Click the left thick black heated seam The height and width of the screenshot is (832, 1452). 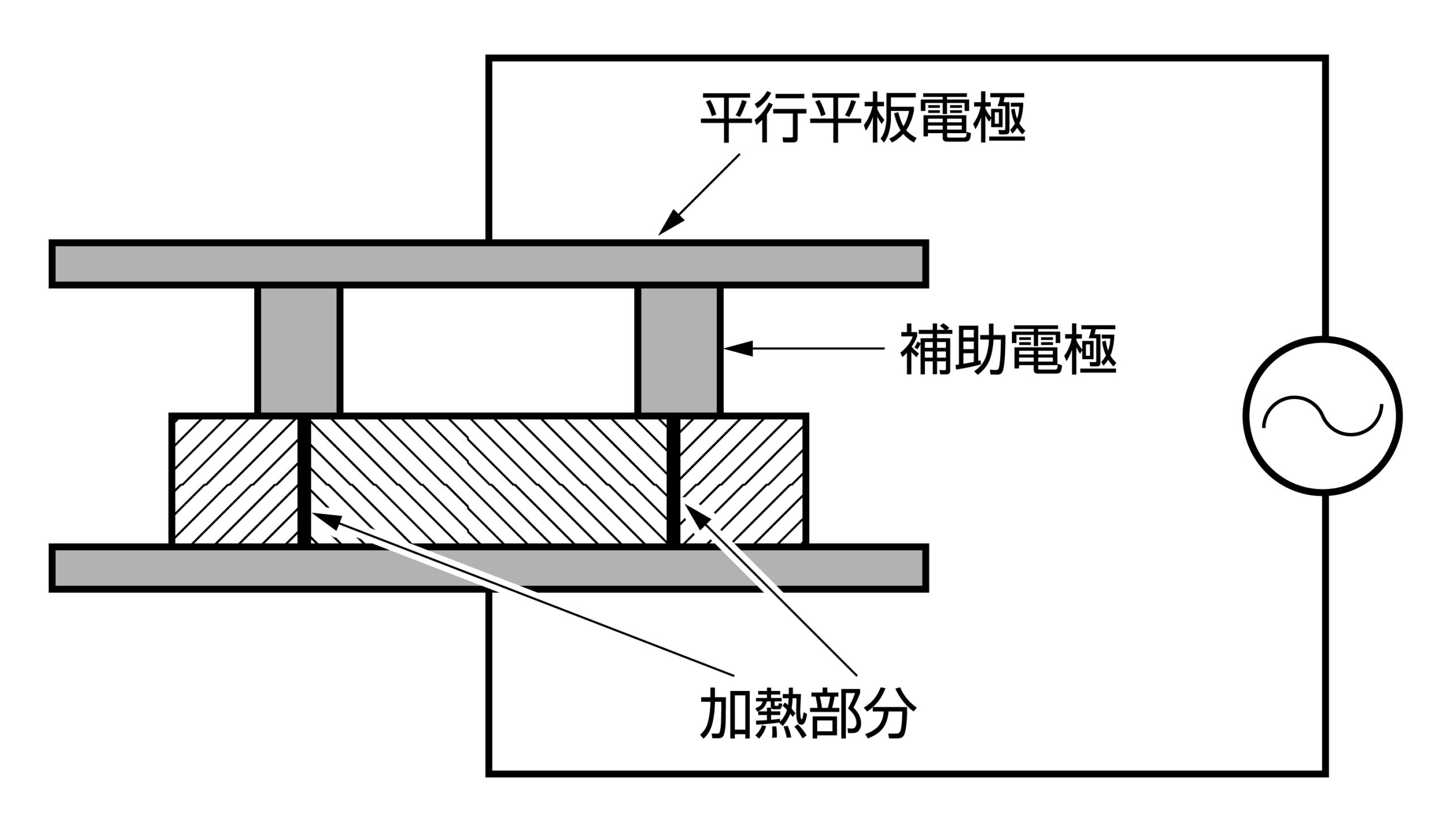[304, 480]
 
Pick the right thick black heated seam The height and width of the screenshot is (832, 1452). [674, 480]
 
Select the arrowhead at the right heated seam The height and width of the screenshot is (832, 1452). [695, 514]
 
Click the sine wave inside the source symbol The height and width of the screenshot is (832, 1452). [1323, 415]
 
